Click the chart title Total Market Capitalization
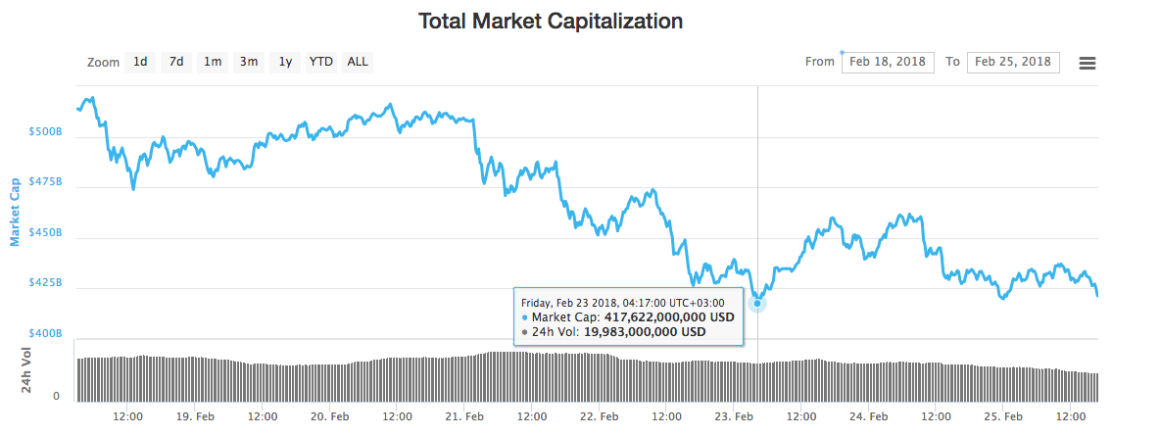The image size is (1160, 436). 550,21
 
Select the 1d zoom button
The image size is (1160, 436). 140,62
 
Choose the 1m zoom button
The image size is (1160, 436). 213,62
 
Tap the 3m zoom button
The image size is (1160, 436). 249,62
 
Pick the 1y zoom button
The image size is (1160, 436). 285,62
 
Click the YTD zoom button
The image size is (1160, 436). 321,62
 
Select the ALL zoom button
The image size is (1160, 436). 358,62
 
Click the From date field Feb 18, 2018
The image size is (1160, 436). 887,62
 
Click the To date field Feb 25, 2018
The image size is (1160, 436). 1013,62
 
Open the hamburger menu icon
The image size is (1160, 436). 1087,63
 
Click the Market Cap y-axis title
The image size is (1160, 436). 15,212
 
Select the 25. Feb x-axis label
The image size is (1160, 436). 1002,415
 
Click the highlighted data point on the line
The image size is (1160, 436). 757,303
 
